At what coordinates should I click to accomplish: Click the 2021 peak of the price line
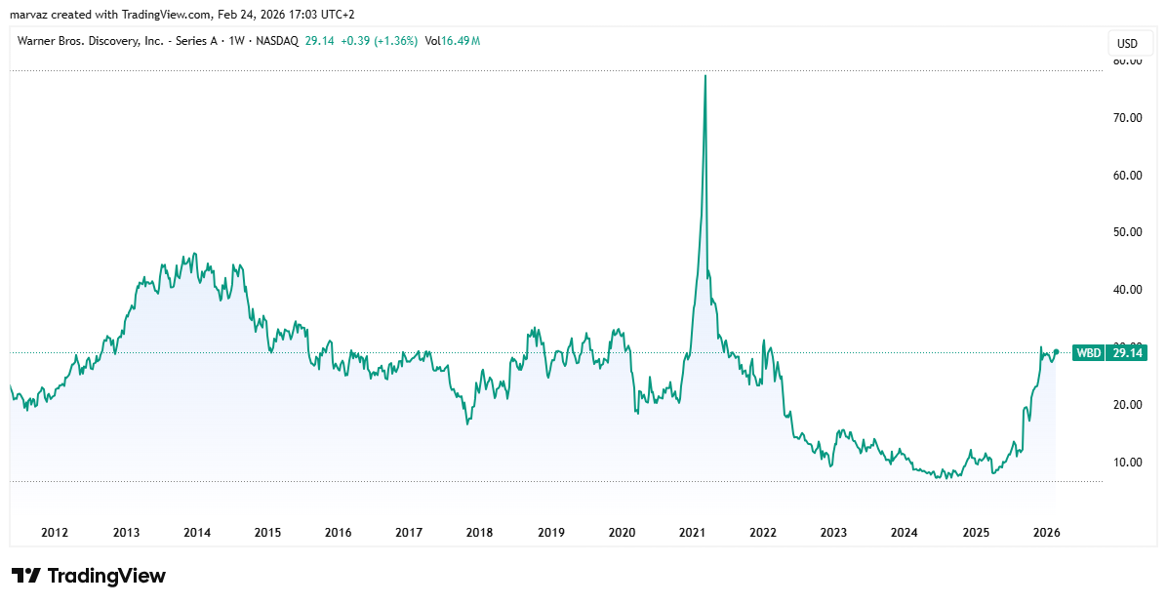[705, 76]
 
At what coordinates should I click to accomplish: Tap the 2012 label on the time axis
[55, 533]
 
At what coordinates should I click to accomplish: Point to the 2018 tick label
[479, 533]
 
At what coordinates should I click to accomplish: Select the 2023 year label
[833, 533]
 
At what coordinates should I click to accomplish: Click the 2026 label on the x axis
[1046, 533]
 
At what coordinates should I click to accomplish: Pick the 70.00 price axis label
[1127, 118]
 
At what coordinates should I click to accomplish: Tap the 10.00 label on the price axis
[1127, 462]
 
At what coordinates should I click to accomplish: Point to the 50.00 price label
[1127, 232]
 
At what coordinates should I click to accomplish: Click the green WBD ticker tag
[1087, 353]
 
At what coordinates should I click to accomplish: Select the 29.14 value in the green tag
[1126, 353]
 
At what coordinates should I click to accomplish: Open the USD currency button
[1127, 44]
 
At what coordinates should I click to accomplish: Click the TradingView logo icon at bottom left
[26, 576]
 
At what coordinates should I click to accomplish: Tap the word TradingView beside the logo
[106, 576]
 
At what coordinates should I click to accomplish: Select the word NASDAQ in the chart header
[276, 41]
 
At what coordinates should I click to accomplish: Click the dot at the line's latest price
[1056, 352]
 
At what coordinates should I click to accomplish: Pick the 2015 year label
[267, 533]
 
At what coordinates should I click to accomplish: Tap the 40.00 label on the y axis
[1127, 290]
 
